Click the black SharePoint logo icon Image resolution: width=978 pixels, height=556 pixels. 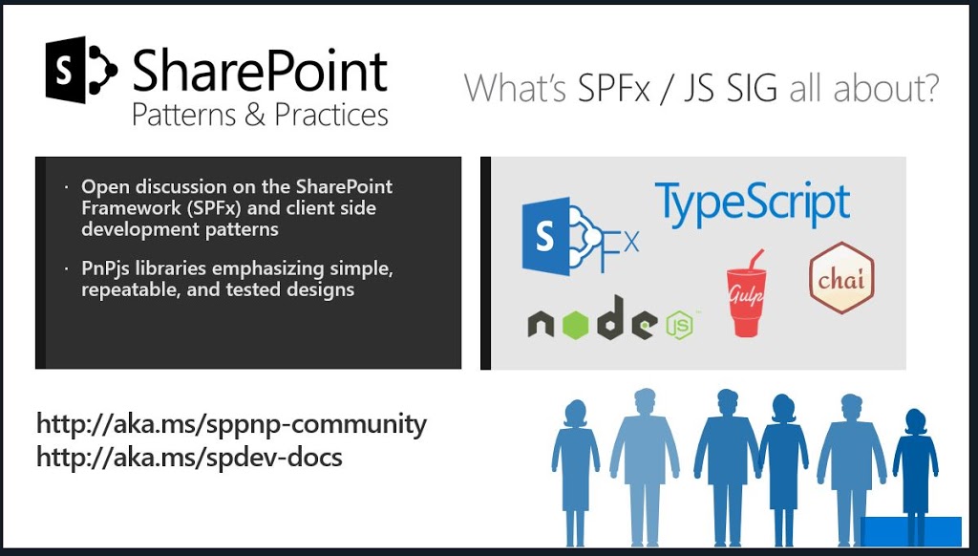tap(81, 70)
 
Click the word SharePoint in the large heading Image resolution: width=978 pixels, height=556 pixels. tap(260, 71)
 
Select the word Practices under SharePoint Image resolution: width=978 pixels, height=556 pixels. tap(331, 115)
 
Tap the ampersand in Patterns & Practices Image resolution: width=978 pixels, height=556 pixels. tap(255, 116)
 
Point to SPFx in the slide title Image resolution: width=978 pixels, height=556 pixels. tap(613, 88)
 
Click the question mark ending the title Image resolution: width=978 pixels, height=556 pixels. tap(928, 88)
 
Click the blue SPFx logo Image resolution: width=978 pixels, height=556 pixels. tap(580, 236)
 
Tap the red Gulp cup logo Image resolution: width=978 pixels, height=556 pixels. tap(746, 293)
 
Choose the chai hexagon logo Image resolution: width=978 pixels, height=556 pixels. tap(841, 278)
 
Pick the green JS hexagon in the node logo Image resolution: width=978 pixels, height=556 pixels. tap(679, 325)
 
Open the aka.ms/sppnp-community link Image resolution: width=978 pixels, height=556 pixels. tap(231, 424)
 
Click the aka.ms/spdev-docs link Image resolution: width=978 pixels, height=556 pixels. tap(190, 458)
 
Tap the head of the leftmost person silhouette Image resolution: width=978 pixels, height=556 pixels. tap(576, 414)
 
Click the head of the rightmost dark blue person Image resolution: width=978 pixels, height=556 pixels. tap(915, 422)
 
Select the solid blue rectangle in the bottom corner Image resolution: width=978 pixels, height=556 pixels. tap(910, 532)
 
